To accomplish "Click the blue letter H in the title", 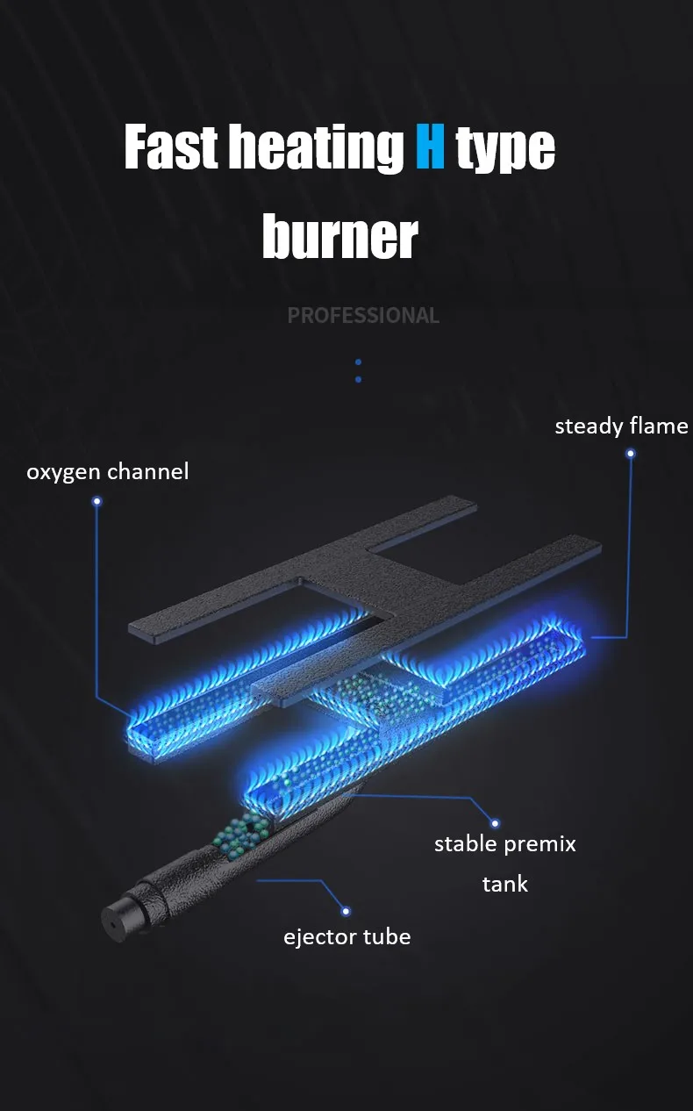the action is [x=430, y=147].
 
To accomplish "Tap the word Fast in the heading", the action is [x=171, y=147].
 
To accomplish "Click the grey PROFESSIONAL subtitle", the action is [x=363, y=315].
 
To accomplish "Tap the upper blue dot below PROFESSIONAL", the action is [x=359, y=362].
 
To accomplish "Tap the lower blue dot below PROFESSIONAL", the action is [x=359, y=379].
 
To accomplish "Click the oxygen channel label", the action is [x=108, y=471].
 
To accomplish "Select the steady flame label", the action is [x=621, y=426].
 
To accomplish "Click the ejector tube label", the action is [x=347, y=937].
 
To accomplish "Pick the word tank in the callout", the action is [x=505, y=884].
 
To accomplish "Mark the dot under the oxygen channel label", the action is [x=97, y=501].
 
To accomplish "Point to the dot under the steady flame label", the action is [x=631, y=454].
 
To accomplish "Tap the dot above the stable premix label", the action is [x=495, y=823].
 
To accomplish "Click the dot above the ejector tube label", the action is [x=346, y=911].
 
